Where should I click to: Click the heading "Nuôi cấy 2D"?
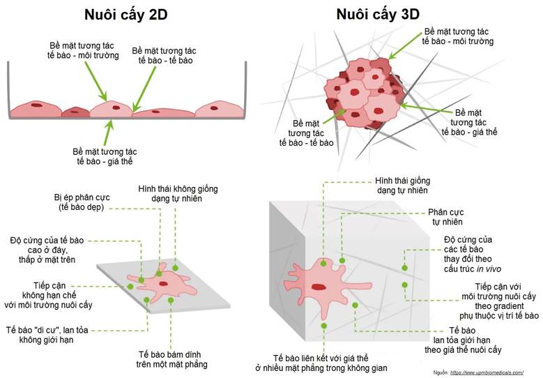125,14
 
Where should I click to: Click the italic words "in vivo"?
497,269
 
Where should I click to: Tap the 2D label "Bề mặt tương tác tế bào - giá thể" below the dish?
105,157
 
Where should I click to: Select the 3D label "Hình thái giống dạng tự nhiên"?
401,185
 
